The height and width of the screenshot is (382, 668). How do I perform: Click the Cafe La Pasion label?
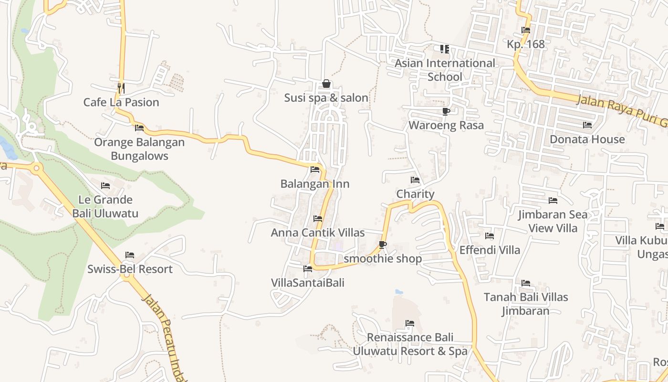(x=121, y=102)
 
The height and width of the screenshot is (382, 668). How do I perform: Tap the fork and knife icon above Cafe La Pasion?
(x=121, y=88)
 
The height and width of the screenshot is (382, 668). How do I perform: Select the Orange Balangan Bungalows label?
(x=139, y=149)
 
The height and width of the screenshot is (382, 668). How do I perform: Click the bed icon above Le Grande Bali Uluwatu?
(x=105, y=185)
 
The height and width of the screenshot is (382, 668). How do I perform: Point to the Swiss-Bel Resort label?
(x=130, y=269)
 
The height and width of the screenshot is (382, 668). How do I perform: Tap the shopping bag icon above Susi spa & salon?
(x=326, y=84)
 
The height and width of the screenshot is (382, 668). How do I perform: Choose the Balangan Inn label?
(x=315, y=184)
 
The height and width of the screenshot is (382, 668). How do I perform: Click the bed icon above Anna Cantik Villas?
(x=318, y=219)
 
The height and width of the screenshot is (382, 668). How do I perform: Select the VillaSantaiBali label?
(x=308, y=282)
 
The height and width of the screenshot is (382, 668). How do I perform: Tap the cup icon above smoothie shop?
(x=382, y=245)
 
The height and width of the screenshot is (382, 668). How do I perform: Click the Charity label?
(x=415, y=194)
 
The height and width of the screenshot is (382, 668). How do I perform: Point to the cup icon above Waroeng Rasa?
(x=446, y=112)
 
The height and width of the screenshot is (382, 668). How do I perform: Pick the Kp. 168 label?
(x=525, y=44)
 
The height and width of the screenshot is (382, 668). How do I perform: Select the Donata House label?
(x=587, y=139)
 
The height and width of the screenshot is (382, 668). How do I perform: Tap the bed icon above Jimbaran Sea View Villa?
(x=553, y=201)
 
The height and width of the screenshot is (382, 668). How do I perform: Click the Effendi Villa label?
(x=490, y=250)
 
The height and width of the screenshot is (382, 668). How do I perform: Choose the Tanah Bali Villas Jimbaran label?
(x=526, y=304)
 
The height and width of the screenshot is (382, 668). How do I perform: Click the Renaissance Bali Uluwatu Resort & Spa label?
(x=410, y=344)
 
